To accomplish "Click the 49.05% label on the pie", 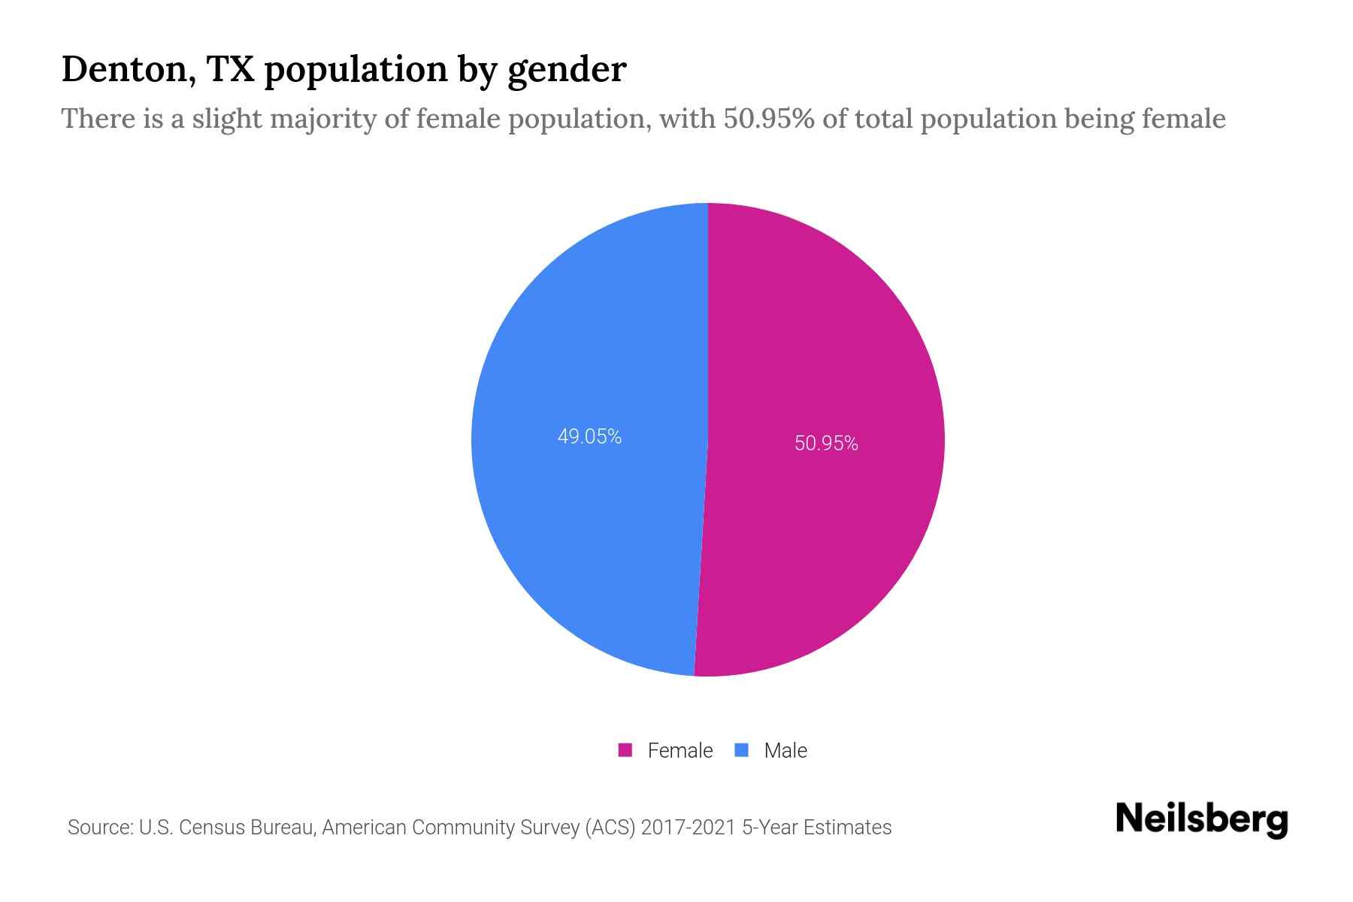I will [x=589, y=437].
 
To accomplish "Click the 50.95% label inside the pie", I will [x=826, y=443].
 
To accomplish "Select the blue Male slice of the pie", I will [x=571, y=526].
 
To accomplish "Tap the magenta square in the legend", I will [x=625, y=750].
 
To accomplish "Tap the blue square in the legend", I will [x=742, y=750].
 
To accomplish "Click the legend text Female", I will [x=680, y=750].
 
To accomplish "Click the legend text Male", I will [x=785, y=750].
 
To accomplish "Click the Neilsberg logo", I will [x=1201, y=819].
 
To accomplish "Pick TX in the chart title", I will [x=230, y=69].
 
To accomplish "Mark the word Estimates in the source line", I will [x=847, y=828].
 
